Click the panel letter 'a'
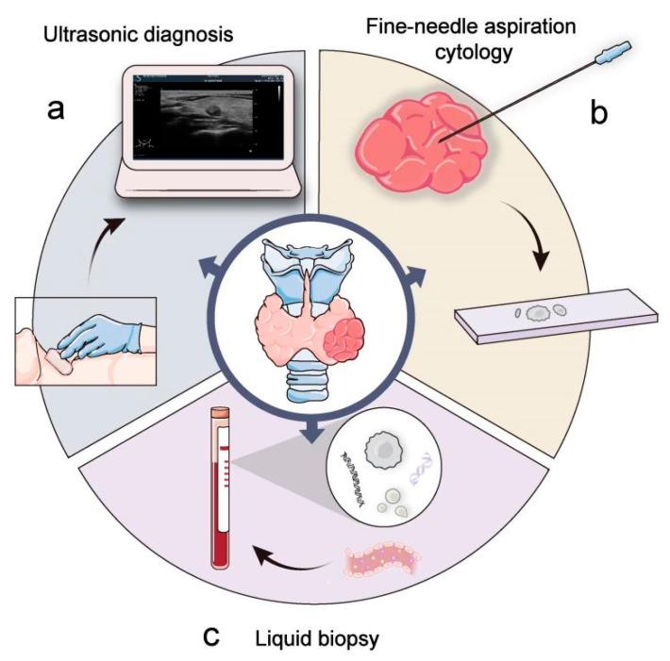pyautogui.click(x=56, y=110)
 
